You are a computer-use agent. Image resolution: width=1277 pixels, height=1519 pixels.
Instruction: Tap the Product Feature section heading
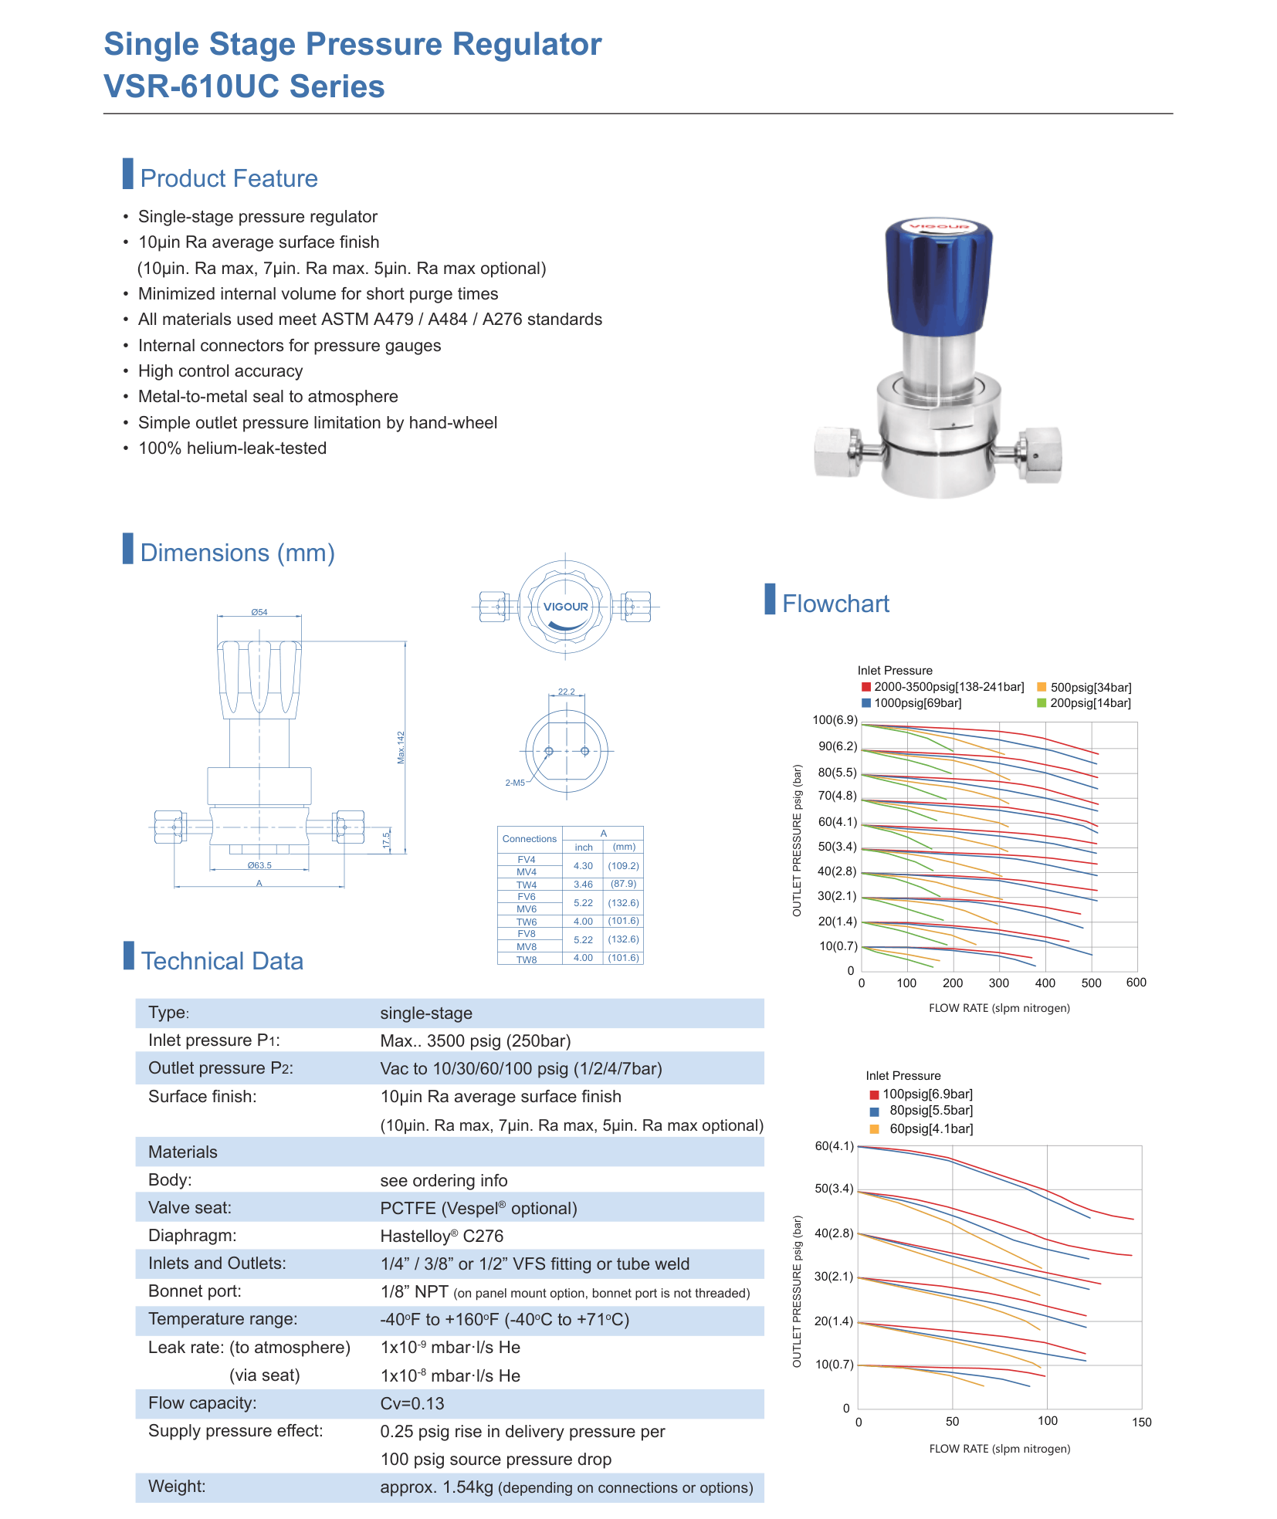pos(229,178)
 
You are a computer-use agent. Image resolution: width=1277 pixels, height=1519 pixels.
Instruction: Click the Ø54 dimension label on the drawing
pos(259,612)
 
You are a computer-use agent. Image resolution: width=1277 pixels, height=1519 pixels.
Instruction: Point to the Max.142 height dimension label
pos(401,748)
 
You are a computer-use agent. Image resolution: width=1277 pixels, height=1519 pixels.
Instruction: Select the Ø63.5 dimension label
pos(259,865)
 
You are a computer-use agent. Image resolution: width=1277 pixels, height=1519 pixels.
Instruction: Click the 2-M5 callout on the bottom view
pos(515,783)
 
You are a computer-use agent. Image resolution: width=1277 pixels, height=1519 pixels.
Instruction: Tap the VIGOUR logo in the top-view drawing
pos(566,607)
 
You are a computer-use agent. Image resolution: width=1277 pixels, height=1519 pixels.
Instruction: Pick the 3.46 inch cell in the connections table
pos(583,885)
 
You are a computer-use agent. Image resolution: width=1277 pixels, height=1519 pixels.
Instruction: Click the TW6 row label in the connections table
pos(527,922)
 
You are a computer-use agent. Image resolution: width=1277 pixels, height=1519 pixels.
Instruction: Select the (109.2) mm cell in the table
pos(623,866)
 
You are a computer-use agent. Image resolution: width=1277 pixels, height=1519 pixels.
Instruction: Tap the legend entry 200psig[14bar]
pos(1084,703)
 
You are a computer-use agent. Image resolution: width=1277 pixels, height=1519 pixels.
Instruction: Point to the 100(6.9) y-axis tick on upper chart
pos(835,720)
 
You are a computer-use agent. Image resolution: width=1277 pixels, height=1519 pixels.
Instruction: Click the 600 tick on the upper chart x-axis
pos(1136,983)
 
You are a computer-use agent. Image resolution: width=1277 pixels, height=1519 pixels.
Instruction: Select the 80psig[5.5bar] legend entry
pos(922,1111)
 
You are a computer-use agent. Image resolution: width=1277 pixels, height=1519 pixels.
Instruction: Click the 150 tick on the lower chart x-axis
pos(1142,1422)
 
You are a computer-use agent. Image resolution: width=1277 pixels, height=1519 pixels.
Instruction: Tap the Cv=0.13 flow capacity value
pos(412,1404)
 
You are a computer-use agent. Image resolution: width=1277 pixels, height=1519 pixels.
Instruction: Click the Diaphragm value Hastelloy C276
pos(442,1237)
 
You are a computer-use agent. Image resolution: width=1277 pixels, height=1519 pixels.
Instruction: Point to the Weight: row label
pos(177,1487)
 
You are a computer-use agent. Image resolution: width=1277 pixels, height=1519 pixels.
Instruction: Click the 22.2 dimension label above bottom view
pos(566,692)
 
